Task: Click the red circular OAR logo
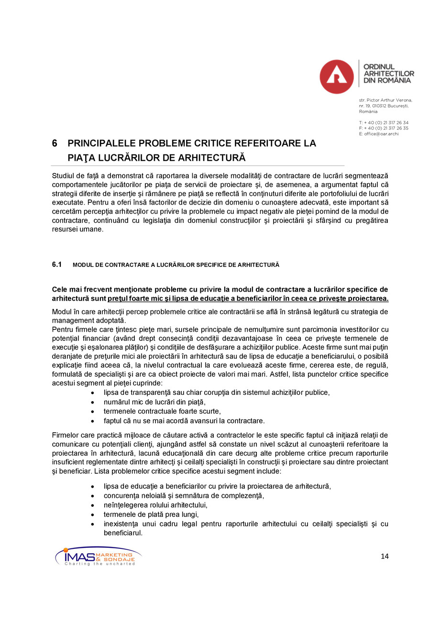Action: coord(337,76)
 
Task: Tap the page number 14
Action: coord(385,556)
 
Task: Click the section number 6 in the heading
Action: coord(55,143)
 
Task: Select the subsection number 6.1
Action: coord(57,264)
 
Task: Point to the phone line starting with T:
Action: coord(383,122)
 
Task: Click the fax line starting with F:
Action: coord(383,128)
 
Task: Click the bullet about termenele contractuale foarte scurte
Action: coord(162,411)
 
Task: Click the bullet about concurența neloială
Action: coord(184,495)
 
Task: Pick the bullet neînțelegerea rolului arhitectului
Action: coord(155,505)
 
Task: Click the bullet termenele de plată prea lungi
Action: coord(151,514)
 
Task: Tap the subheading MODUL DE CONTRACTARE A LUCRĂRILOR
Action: coord(176,265)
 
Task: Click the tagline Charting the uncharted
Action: coord(99,564)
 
